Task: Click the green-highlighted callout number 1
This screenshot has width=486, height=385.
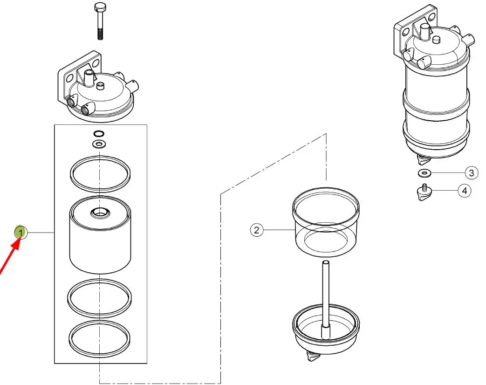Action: click(21, 232)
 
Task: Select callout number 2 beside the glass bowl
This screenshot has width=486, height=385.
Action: click(256, 230)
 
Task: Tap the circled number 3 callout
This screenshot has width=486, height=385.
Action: click(472, 172)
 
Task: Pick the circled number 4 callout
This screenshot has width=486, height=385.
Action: click(464, 191)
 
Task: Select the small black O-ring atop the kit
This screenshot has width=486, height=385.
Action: click(99, 134)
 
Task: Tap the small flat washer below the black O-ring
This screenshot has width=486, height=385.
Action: click(99, 144)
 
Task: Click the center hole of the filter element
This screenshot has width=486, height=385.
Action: click(100, 213)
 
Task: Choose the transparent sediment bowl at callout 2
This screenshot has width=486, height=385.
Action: click(326, 222)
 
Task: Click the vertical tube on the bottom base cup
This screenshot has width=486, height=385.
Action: click(325, 299)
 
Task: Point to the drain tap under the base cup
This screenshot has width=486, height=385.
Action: click(312, 356)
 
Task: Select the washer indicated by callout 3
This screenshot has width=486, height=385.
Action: click(424, 172)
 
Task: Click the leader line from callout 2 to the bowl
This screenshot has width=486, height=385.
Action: click(278, 230)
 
